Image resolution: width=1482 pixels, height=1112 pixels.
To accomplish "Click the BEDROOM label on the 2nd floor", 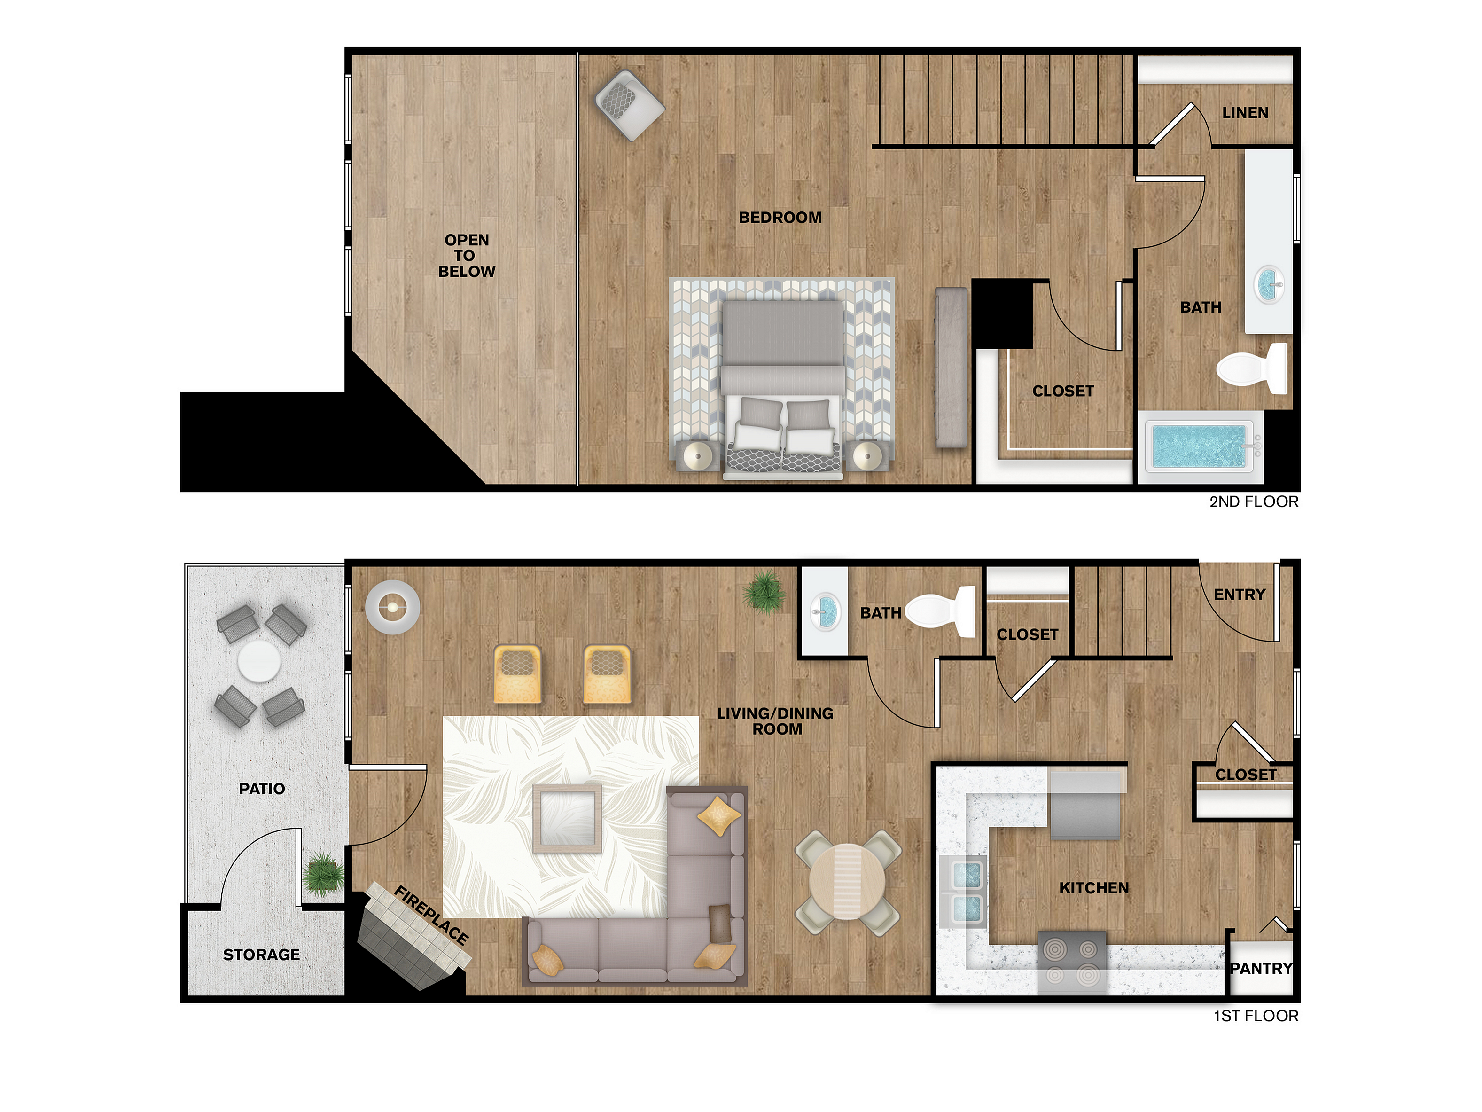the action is [x=780, y=218].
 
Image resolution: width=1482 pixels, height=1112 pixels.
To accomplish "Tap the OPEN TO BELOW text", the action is [x=466, y=255].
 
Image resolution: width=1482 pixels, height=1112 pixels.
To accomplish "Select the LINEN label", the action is [x=1245, y=113].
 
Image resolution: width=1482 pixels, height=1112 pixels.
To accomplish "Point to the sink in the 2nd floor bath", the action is [x=1268, y=285].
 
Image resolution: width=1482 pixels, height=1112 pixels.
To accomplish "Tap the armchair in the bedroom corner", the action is [x=630, y=105].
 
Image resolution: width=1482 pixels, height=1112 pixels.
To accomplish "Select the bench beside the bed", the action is [x=951, y=368].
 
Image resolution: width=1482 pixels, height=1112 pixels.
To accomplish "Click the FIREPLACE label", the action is [x=431, y=915].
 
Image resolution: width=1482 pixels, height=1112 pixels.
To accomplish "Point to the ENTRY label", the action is [x=1240, y=595].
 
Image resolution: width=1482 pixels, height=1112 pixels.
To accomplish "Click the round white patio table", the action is [x=259, y=661].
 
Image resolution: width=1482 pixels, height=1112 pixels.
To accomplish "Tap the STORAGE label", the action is [x=261, y=955].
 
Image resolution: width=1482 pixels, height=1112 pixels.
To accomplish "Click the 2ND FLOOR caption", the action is [x=1254, y=501].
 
